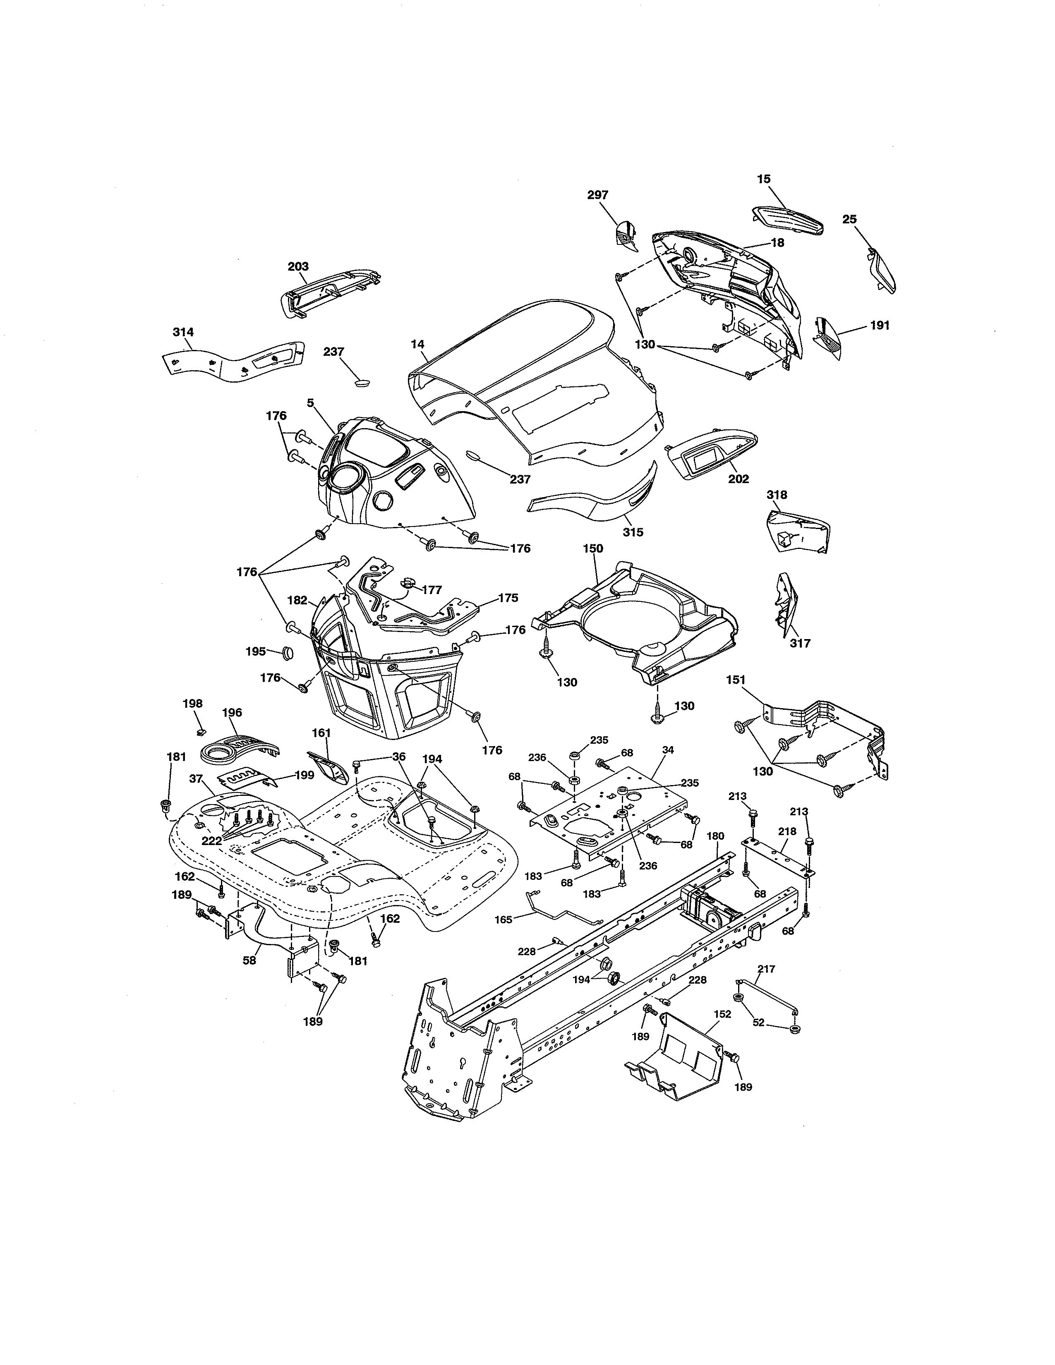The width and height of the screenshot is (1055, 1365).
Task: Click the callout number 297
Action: point(597,195)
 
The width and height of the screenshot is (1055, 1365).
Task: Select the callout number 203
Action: point(298,267)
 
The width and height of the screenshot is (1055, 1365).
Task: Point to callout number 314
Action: point(183,332)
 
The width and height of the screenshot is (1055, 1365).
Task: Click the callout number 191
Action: point(880,326)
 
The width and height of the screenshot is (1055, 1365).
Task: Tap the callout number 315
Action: point(633,532)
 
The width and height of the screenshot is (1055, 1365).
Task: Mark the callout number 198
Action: point(192,704)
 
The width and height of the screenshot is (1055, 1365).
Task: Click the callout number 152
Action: point(722,1014)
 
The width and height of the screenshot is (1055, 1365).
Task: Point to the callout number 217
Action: point(766,969)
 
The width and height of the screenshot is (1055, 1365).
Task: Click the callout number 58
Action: point(249,960)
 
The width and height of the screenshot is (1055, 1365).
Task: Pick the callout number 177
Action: point(432,589)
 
